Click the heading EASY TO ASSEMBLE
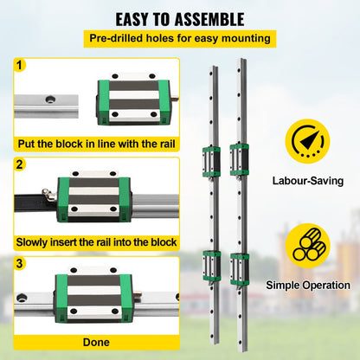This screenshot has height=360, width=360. pyautogui.click(x=179, y=18)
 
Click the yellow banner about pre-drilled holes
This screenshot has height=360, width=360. pyautogui.click(x=179, y=38)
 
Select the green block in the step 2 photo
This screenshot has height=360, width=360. pyautogui.click(x=93, y=197)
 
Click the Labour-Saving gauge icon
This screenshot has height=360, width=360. pyautogui.click(x=306, y=144)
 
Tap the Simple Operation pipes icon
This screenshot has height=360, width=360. pyautogui.click(x=306, y=247)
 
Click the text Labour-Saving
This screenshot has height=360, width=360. pyautogui.click(x=307, y=181)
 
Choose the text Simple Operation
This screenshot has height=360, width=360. pyautogui.click(x=307, y=285)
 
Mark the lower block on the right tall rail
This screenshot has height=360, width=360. pyautogui.click(x=240, y=266)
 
